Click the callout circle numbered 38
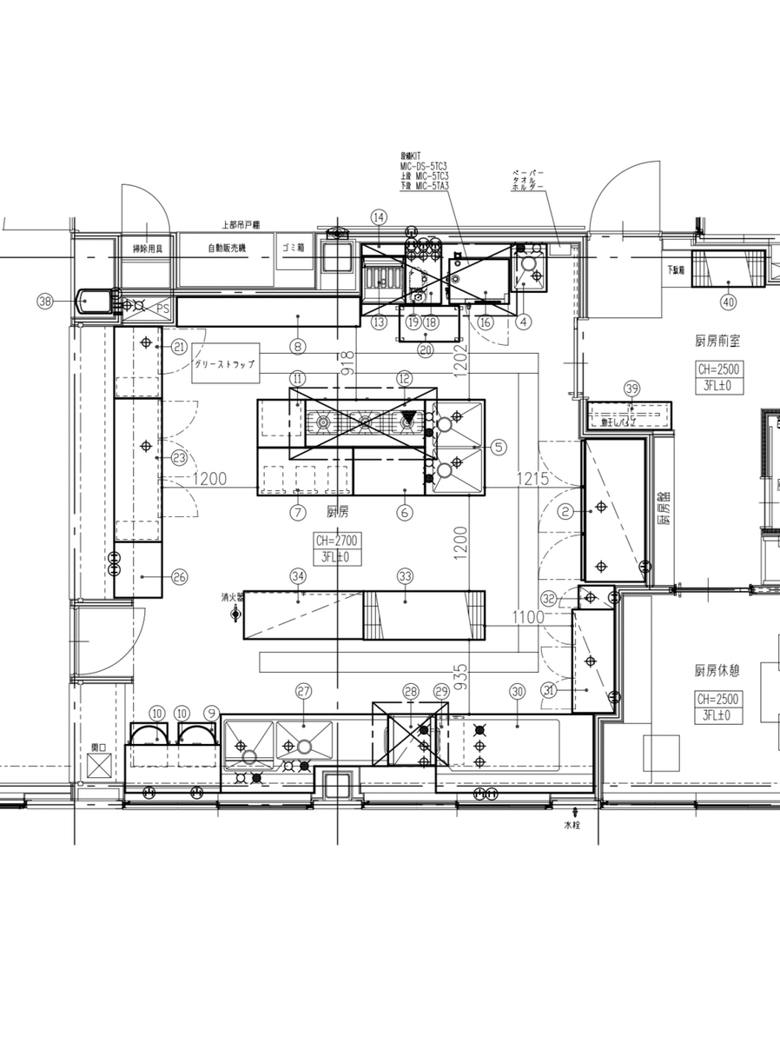coord(45,301)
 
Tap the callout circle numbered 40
coord(728,302)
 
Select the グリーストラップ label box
coord(225,365)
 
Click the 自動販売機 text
coord(227,249)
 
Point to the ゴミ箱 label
coord(294,247)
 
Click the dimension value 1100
coord(527,617)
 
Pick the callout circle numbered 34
coord(298,575)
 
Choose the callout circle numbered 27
coord(303,691)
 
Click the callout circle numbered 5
coord(498,447)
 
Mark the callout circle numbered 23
coord(180,457)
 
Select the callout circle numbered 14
coord(378,216)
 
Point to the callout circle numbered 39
coord(631,389)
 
